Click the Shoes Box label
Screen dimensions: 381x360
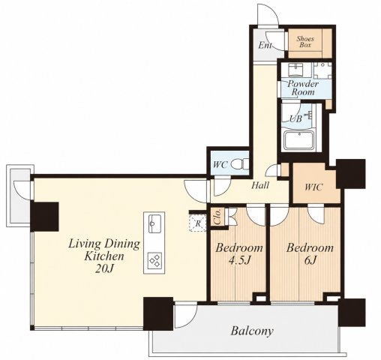click(x=305, y=42)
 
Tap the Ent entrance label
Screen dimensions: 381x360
click(x=265, y=45)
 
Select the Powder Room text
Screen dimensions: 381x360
click(x=303, y=88)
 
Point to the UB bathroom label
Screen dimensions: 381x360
click(x=295, y=118)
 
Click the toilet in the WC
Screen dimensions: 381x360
click(x=240, y=164)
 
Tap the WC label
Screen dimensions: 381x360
click(x=220, y=165)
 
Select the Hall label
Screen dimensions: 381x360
click(x=260, y=185)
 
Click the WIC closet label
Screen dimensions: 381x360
click(x=313, y=187)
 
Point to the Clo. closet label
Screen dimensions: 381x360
click(x=217, y=217)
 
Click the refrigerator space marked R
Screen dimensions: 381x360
click(x=198, y=223)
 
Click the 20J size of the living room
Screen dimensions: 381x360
click(x=104, y=268)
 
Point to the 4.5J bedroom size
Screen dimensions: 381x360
click(x=239, y=260)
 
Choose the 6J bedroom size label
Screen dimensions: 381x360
click(x=310, y=260)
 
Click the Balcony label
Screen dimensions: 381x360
click(x=252, y=331)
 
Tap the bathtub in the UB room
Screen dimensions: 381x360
click(x=298, y=140)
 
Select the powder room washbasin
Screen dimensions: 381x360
click(x=295, y=70)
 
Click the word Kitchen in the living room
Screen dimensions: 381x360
click(x=104, y=256)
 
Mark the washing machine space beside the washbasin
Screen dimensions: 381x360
click(x=322, y=70)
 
